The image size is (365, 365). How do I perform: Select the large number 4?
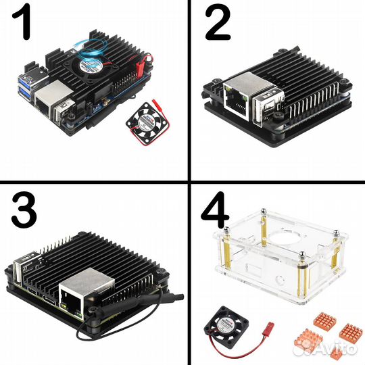pos(218,212)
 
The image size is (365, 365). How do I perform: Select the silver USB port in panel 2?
pos(265,101)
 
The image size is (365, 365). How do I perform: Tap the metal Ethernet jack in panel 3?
pos(80,298)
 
